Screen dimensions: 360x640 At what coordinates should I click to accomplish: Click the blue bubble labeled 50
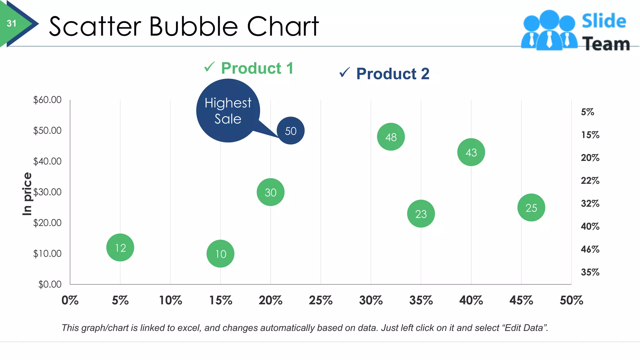tap(291, 131)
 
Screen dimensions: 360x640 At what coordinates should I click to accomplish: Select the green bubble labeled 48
tap(391, 137)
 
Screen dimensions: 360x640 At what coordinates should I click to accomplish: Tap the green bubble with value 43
tap(471, 152)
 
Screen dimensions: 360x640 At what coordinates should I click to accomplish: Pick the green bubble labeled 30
tap(271, 192)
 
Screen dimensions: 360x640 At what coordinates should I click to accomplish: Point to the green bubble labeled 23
tap(421, 214)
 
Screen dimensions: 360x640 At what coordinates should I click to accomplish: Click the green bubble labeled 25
tap(531, 207)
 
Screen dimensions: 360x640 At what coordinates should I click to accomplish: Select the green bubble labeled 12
tap(120, 247)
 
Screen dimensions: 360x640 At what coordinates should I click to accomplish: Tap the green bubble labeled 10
tap(221, 254)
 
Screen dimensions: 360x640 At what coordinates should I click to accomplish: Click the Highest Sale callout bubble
tap(228, 111)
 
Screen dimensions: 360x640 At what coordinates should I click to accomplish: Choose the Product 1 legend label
tap(257, 68)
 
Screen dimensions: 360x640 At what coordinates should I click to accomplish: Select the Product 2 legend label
tap(392, 74)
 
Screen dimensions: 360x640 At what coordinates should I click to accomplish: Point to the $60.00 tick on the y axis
tap(47, 100)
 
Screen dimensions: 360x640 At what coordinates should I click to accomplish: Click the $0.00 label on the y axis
tap(50, 284)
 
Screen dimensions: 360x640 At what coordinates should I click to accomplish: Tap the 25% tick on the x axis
tap(321, 300)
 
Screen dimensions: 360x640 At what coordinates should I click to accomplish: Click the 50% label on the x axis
tap(571, 300)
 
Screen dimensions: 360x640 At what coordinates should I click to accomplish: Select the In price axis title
tap(27, 194)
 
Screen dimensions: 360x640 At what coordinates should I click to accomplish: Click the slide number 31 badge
tap(12, 23)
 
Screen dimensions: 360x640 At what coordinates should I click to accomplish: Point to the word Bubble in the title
tap(194, 26)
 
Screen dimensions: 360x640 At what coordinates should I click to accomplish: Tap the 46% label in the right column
tap(590, 249)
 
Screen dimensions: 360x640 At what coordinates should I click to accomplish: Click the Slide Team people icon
tap(549, 30)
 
